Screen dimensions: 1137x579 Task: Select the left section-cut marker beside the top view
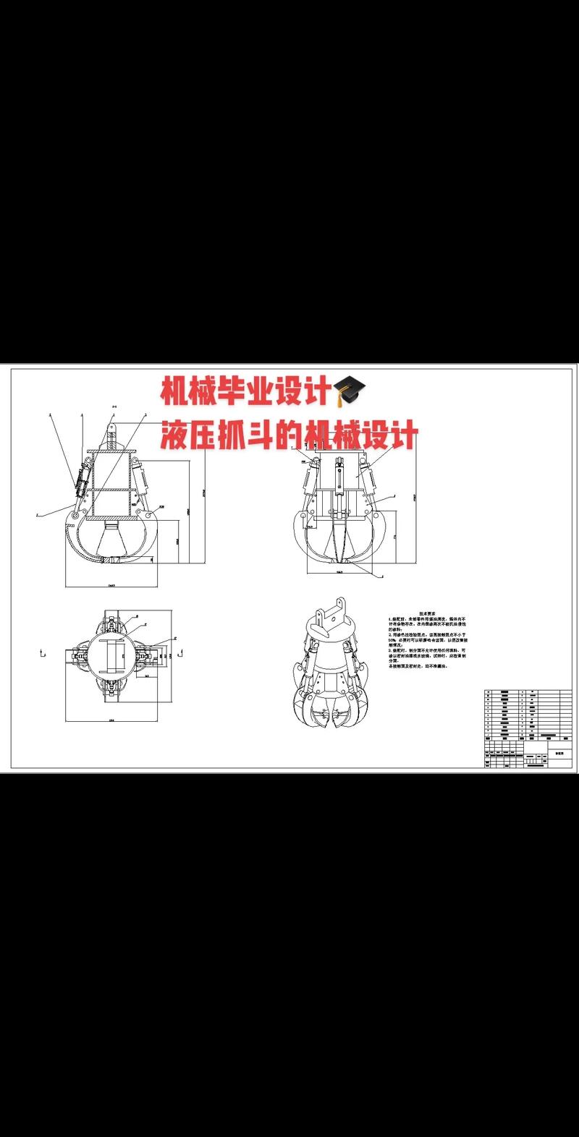[43, 655]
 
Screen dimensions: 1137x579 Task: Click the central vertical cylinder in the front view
[338, 485]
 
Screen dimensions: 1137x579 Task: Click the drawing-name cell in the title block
[558, 752]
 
